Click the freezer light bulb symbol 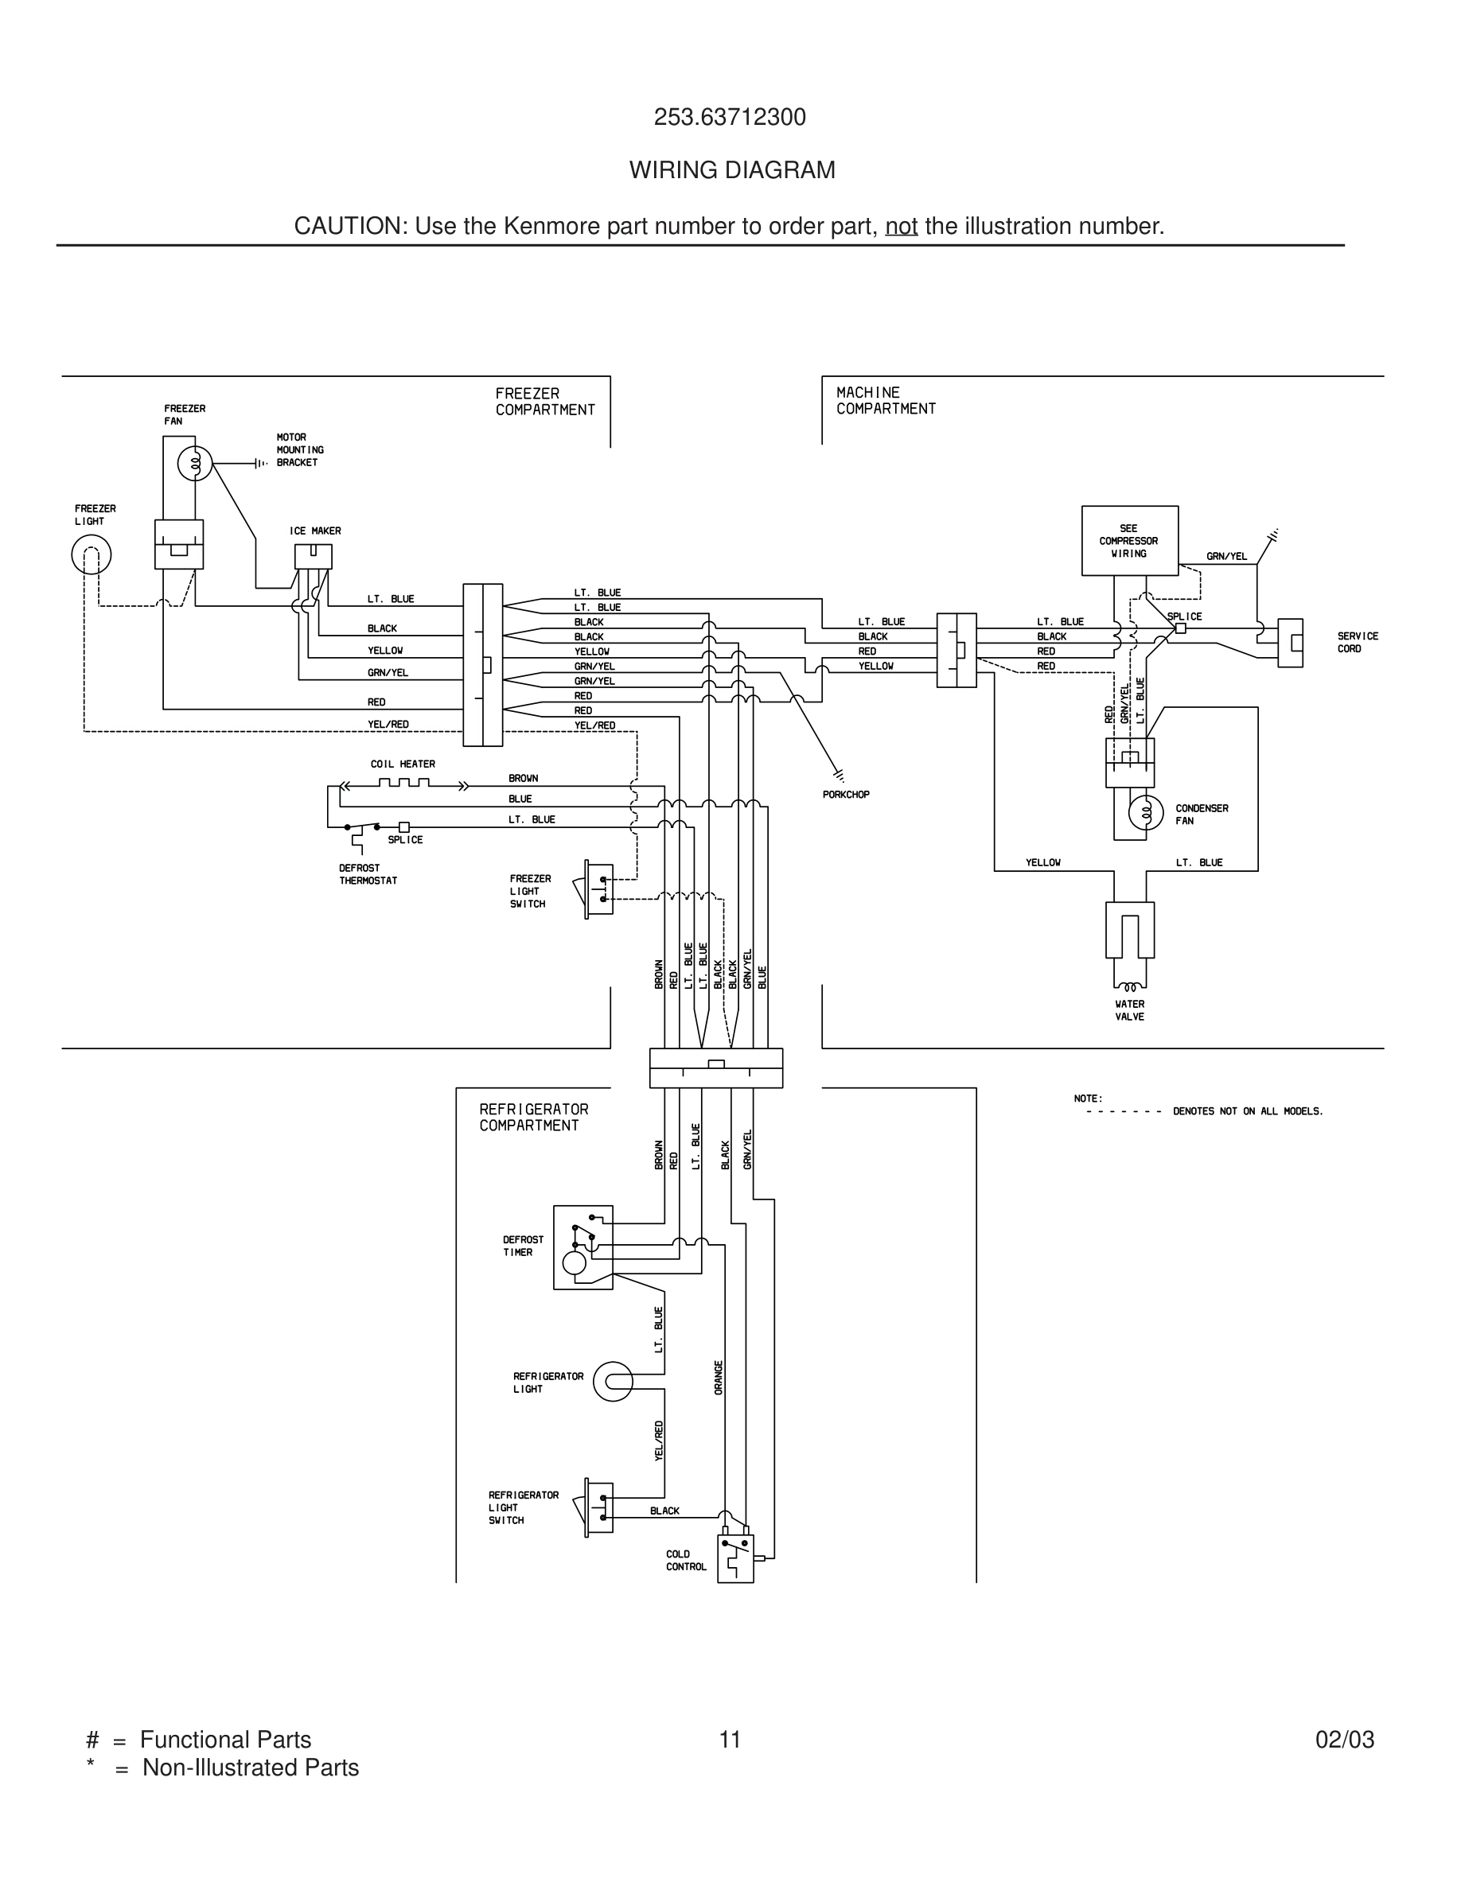coord(91,554)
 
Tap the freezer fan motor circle coord(195,465)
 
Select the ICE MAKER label coord(315,531)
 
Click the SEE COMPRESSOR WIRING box coord(1129,541)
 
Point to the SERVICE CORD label coord(1357,642)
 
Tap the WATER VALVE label coord(1129,1011)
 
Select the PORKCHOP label coord(846,795)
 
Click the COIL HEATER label coord(403,764)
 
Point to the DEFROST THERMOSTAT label coord(368,874)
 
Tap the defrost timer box coord(583,1247)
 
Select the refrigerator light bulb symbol coord(613,1382)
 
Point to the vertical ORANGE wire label coord(719,1378)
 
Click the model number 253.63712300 coord(730,118)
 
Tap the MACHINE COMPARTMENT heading coord(886,401)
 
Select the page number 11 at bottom coord(730,1740)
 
